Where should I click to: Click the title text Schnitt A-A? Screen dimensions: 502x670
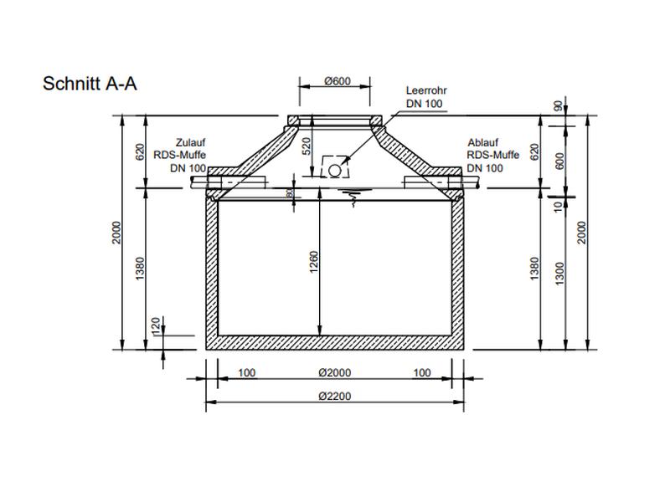click(x=89, y=85)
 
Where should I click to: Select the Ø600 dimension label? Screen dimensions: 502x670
click(x=336, y=81)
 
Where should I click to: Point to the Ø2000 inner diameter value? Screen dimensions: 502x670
click(x=334, y=372)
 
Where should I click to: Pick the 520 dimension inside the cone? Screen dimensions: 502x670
click(x=307, y=147)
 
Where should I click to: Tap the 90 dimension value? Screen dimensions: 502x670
click(x=559, y=106)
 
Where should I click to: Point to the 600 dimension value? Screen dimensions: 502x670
click(x=559, y=161)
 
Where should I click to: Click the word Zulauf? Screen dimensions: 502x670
click(x=190, y=142)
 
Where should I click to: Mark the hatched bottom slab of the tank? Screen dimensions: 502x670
click(x=335, y=341)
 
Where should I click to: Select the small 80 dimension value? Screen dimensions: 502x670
click(x=290, y=194)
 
